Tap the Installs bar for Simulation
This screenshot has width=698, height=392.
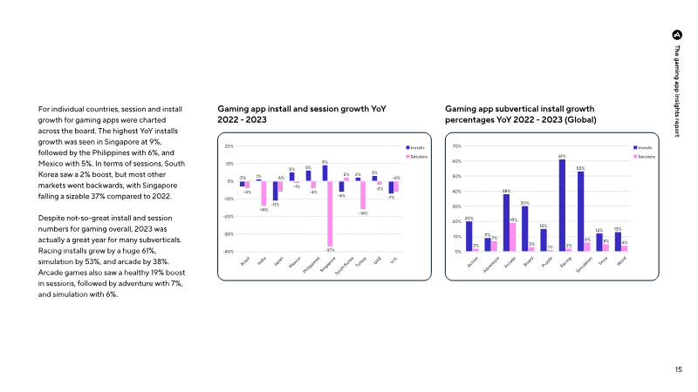pyautogui.click(x=580, y=212)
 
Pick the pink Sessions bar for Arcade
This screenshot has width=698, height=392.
pyautogui.click(x=513, y=237)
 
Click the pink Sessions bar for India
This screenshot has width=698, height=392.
pyautogui.click(x=263, y=193)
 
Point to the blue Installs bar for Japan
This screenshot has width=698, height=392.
pyautogui.click(x=275, y=191)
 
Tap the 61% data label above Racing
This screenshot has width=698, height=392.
pyautogui.click(x=563, y=156)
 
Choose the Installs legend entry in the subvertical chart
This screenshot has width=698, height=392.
pyautogui.click(x=644, y=148)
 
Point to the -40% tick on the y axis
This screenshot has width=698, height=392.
pyautogui.click(x=228, y=252)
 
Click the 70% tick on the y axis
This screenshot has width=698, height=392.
pyautogui.click(x=455, y=146)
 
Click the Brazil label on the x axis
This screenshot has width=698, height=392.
pyautogui.click(x=246, y=261)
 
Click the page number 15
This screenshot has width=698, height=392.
pyautogui.click(x=679, y=369)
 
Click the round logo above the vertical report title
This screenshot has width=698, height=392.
pyautogui.click(x=677, y=34)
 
